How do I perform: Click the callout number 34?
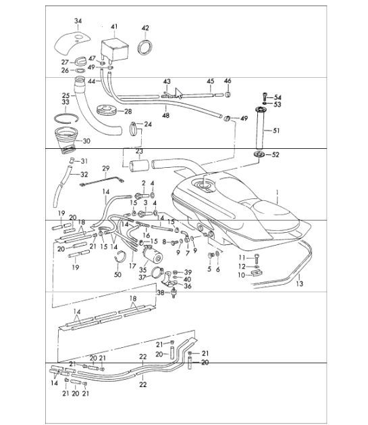(x=78, y=22)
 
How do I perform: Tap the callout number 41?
(x=114, y=26)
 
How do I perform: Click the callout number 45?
(x=210, y=81)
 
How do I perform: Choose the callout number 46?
(x=228, y=81)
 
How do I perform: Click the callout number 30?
(x=299, y=284)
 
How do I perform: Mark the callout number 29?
(x=105, y=169)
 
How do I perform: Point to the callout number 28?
(x=128, y=111)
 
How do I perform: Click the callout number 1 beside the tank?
(x=276, y=192)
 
